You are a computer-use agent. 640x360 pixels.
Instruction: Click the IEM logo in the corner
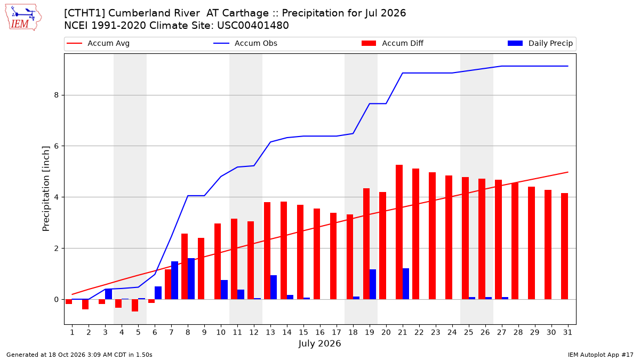coord(23,18)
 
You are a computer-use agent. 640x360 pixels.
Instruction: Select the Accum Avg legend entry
coord(98,43)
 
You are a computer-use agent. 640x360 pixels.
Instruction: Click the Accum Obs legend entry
coord(245,43)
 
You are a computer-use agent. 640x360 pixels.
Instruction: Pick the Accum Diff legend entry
coord(393,43)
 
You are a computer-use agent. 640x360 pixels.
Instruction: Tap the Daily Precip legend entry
coord(540,43)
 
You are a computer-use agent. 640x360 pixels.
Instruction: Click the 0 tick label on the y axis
coord(57,299)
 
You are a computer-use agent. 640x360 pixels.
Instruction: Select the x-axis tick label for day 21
coord(403,333)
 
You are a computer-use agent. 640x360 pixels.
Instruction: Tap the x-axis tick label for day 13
coord(270,333)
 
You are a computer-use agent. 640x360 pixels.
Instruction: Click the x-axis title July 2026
coord(319,343)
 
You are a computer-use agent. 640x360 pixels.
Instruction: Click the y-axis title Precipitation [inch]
coord(46,189)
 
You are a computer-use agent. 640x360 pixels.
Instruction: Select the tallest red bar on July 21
coord(399,232)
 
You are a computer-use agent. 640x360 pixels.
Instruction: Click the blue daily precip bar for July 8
coord(191,279)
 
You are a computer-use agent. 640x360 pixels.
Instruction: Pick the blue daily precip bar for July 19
coord(373,284)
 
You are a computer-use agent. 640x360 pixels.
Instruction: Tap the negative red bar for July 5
coord(135,306)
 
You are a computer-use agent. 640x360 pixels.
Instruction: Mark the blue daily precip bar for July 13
coord(274,287)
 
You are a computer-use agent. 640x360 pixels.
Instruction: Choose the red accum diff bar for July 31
coord(565,246)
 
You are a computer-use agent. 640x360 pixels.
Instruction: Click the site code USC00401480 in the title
coord(253,26)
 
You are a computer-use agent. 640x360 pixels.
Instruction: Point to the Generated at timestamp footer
coord(79,355)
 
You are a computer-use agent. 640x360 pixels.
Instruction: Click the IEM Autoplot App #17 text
coord(601,355)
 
